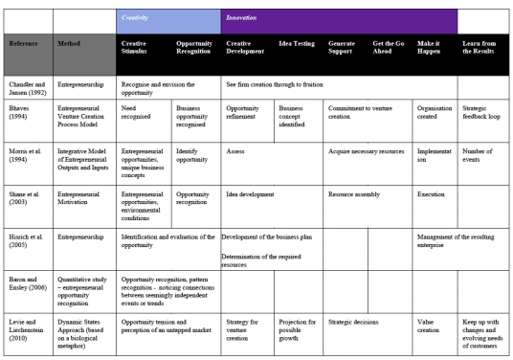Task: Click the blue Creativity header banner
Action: pos(168,18)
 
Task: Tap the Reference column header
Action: pos(25,44)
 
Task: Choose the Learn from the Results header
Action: pos(484,49)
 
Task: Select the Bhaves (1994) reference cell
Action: pos(23,113)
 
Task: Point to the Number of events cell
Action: pos(479,155)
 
